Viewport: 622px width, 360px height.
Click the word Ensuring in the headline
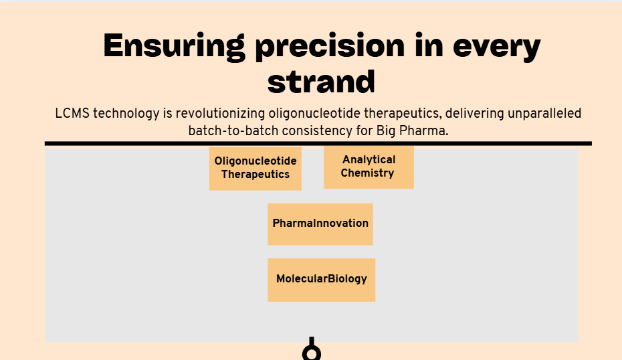[x=174, y=47]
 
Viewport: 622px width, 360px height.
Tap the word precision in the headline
[x=330, y=47]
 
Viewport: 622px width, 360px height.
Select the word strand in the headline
[x=321, y=82]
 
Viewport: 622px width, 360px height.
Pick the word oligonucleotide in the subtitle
[x=314, y=114]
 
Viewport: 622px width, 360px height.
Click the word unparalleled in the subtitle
[x=544, y=114]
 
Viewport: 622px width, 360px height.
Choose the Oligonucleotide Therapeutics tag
[x=255, y=169]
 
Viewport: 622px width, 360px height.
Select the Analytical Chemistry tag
[x=369, y=167]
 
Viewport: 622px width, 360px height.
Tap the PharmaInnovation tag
[x=320, y=224]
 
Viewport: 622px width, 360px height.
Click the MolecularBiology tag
[x=321, y=280]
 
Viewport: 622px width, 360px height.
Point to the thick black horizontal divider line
[x=318, y=144]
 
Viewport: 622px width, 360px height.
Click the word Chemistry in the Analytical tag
[x=367, y=173]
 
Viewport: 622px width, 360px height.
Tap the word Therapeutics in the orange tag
[x=255, y=175]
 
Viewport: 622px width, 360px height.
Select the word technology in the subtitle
[x=126, y=114]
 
